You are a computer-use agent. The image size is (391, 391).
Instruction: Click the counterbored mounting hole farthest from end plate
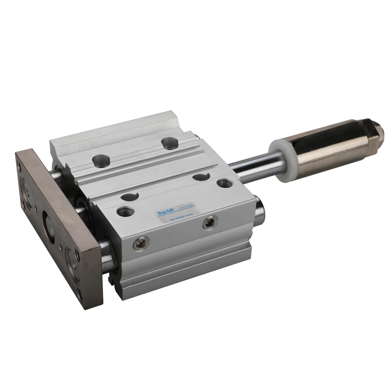coord(169,143)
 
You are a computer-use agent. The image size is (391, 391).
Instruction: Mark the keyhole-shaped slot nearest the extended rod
coord(202,176)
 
